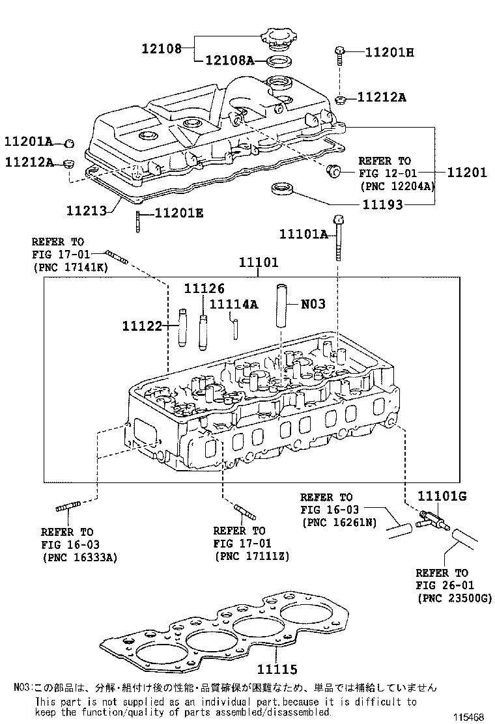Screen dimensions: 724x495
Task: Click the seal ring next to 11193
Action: coord(281,189)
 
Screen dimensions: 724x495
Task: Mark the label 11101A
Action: coord(304,234)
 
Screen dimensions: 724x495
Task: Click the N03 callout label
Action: coord(313,303)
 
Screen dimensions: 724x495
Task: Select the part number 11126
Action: coord(204,288)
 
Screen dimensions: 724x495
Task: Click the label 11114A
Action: coord(234,303)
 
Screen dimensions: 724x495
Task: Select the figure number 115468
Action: coord(469,716)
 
